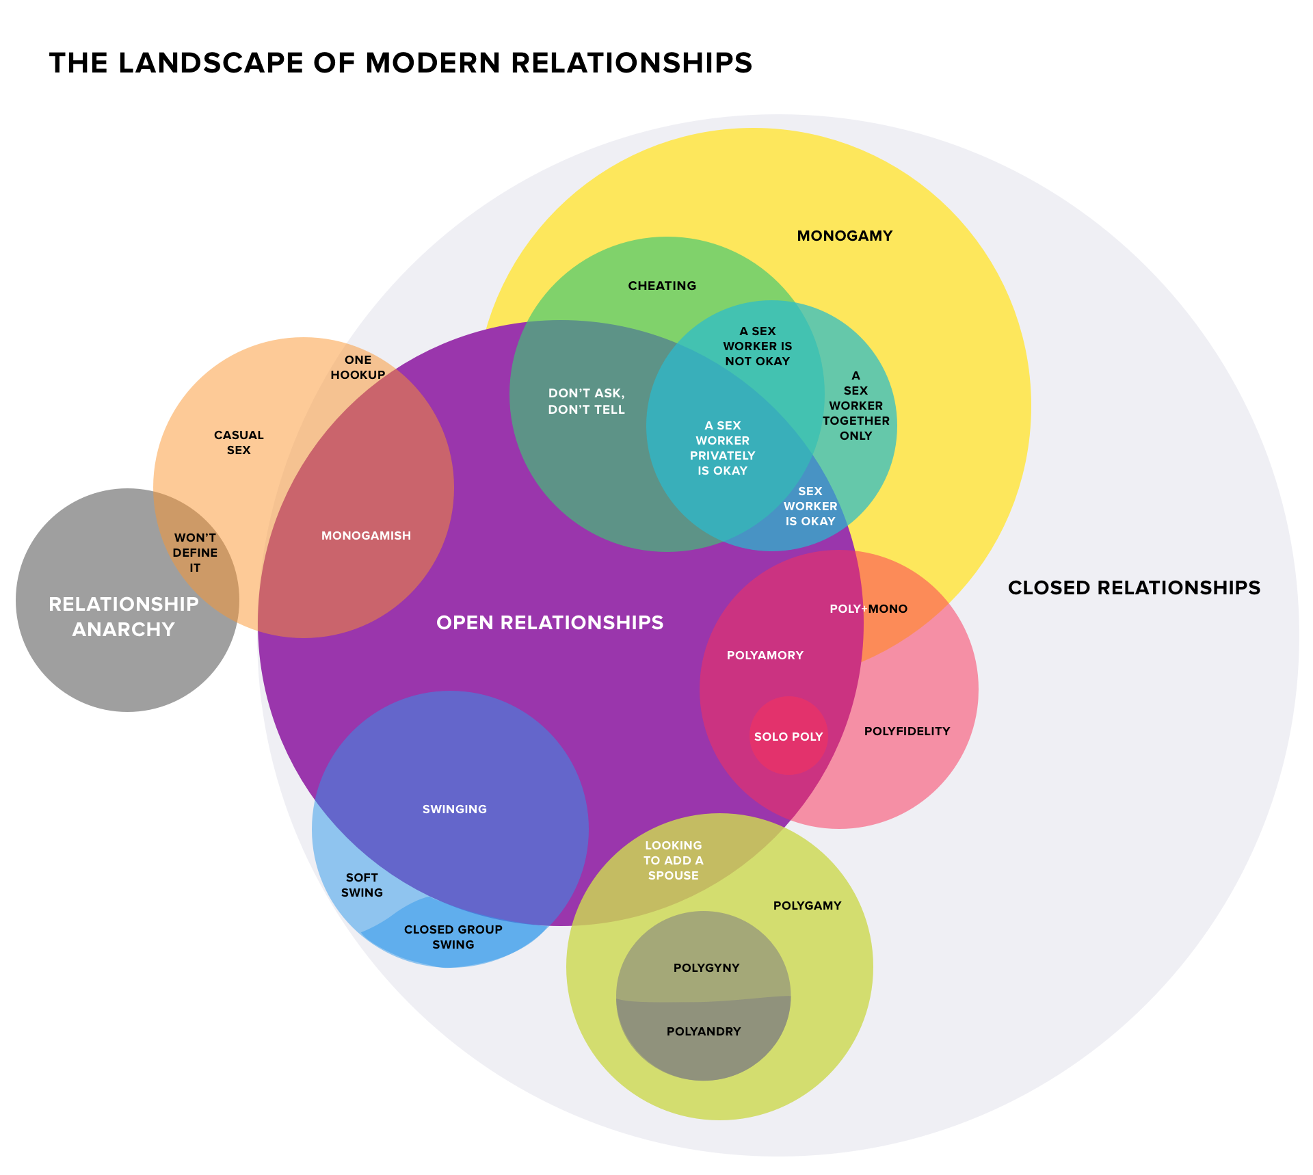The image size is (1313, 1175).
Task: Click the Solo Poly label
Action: point(788,737)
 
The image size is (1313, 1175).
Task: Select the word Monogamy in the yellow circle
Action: point(845,236)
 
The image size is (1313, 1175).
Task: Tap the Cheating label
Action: point(662,286)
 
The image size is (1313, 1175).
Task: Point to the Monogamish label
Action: point(366,536)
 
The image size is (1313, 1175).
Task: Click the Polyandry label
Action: point(704,1031)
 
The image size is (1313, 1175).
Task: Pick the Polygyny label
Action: point(706,968)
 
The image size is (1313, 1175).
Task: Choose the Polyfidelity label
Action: point(907,731)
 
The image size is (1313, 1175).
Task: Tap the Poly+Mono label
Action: point(868,609)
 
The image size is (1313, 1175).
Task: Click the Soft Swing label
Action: point(362,885)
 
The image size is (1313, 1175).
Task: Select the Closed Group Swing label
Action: point(453,937)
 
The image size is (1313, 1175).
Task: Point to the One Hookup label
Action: point(358,367)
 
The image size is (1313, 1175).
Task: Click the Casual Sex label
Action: point(238,443)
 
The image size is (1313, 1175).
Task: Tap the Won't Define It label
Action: point(195,553)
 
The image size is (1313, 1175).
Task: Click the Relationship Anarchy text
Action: point(124,616)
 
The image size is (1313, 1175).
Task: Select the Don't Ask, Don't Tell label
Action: point(586,401)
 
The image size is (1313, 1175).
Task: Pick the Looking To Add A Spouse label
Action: point(673,860)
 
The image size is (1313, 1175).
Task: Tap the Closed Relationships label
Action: point(1134,588)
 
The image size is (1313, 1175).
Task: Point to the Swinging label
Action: point(454,809)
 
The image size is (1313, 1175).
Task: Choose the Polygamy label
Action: point(807,906)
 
